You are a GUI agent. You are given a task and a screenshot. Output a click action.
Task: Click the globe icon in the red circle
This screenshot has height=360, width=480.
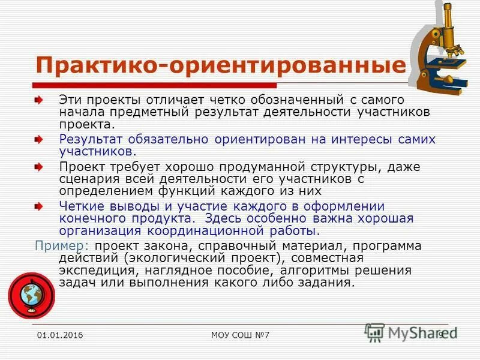pyautogui.click(x=31, y=295)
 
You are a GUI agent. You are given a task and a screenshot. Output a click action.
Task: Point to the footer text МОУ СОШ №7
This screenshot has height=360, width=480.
pyautogui.click(x=241, y=335)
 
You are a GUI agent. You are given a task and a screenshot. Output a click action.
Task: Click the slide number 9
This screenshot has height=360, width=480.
pyautogui.click(x=441, y=335)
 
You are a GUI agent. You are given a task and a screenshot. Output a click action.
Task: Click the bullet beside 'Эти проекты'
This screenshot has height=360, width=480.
pyautogui.click(x=38, y=99)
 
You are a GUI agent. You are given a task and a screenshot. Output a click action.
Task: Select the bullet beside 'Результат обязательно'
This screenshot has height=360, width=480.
pyautogui.click(x=38, y=139)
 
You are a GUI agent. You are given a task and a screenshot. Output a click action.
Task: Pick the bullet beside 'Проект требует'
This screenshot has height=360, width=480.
pyautogui.click(x=38, y=166)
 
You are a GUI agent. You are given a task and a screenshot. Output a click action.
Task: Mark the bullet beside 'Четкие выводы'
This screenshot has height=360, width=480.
pyautogui.click(x=38, y=206)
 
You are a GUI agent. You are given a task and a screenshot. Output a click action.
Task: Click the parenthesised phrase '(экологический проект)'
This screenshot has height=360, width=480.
pyautogui.click(x=203, y=258)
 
